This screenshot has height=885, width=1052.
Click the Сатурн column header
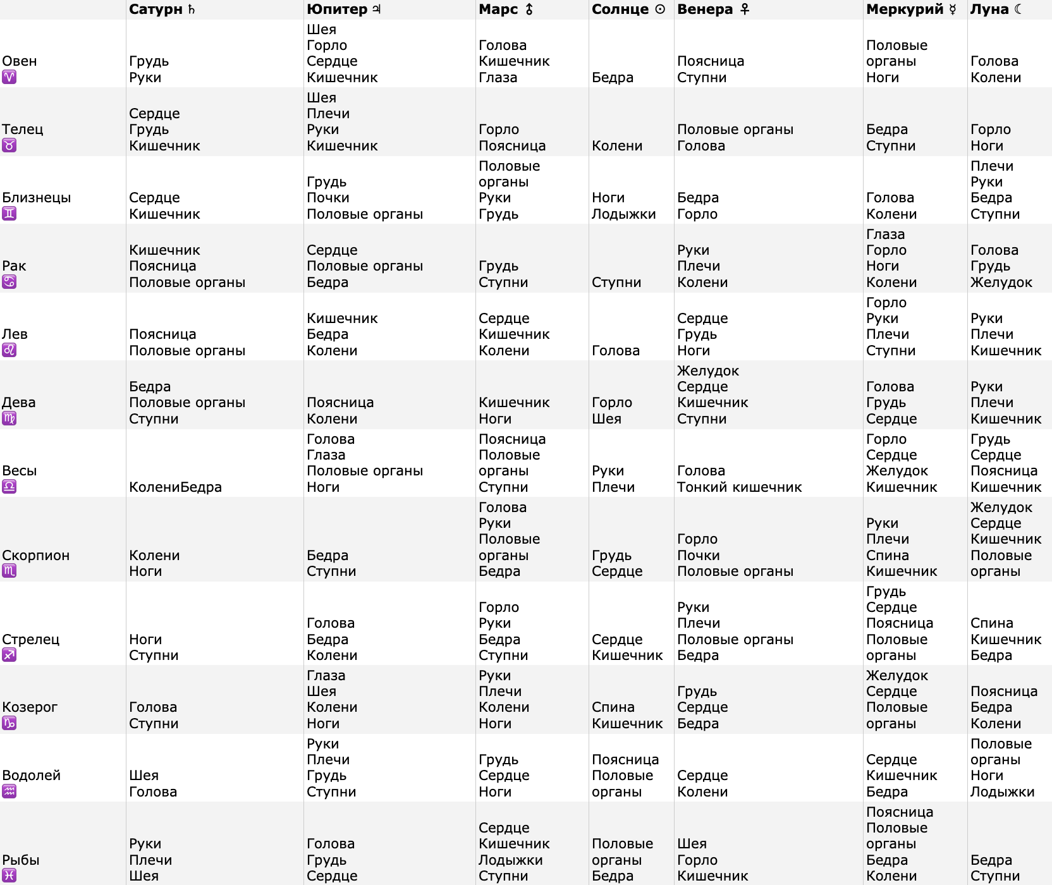[162, 9]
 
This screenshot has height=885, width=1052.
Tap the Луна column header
[996, 9]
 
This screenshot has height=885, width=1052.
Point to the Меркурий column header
[911, 9]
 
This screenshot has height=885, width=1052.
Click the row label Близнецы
[37, 197]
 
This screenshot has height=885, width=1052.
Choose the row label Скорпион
[36, 555]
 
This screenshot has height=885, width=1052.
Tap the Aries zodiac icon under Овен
[9, 77]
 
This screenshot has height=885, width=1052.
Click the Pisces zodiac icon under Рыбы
[9, 876]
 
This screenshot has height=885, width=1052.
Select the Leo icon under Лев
[9, 350]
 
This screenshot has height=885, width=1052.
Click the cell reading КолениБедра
[175, 487]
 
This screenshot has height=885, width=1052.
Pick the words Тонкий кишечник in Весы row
[739, 487]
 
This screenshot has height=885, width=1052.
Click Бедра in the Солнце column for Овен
[612, 77]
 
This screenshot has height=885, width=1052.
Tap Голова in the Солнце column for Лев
[615, 350]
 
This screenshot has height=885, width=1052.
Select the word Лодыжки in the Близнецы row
[623, 214]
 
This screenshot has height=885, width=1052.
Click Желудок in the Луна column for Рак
[1001, 282]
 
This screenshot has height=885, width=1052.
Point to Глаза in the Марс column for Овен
[498, 77]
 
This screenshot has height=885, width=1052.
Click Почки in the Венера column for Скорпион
[698, 555]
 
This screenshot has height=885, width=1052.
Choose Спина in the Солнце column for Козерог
[613, 707]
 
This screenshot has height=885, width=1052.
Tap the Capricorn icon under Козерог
[9, 723]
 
